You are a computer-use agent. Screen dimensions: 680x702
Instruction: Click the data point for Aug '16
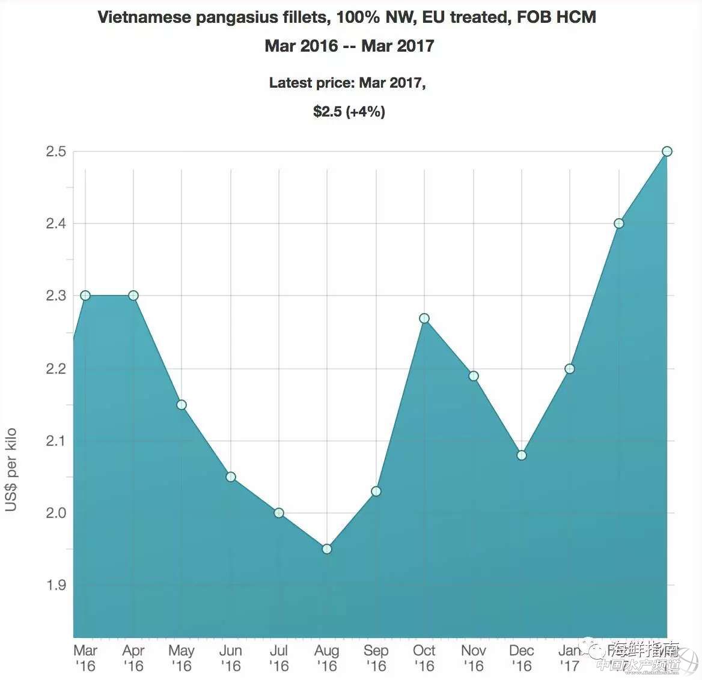(x=327, y=548)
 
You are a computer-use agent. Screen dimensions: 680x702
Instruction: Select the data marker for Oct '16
(x=424, y=318)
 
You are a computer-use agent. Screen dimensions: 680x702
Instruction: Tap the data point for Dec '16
(x=522, y=455)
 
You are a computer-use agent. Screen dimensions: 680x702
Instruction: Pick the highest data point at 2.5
(x=667, y=151)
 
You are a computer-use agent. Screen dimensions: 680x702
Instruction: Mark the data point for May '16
(x=182, y=404)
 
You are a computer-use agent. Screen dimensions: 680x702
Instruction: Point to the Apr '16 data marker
(x=133, y=296)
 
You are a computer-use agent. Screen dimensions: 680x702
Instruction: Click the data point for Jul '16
(x=279, y=512)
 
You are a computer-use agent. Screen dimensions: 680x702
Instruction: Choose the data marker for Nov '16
(x=474, y=375)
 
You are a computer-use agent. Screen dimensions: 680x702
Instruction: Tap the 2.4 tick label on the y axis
(x=55, y=224)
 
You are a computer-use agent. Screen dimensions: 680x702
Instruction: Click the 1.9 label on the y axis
(x=55, y=585)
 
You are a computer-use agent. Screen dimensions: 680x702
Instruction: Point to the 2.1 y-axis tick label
(x=55, y=441)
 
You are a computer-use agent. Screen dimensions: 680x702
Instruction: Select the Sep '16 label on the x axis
(x=376, y=658)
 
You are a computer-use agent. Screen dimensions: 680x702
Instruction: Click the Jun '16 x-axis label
(x=231, y=658)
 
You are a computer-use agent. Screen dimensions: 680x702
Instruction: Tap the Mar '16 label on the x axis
(x=85, y=658)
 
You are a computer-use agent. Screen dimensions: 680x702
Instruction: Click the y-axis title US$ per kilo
(x=11, y=470)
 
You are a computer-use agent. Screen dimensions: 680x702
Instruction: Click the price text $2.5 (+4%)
(x=349, y=111)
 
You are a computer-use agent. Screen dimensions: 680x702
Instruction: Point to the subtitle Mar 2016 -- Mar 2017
(x=349, y=46)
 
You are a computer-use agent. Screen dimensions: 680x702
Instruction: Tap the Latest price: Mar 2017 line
(x=347, y=83)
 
